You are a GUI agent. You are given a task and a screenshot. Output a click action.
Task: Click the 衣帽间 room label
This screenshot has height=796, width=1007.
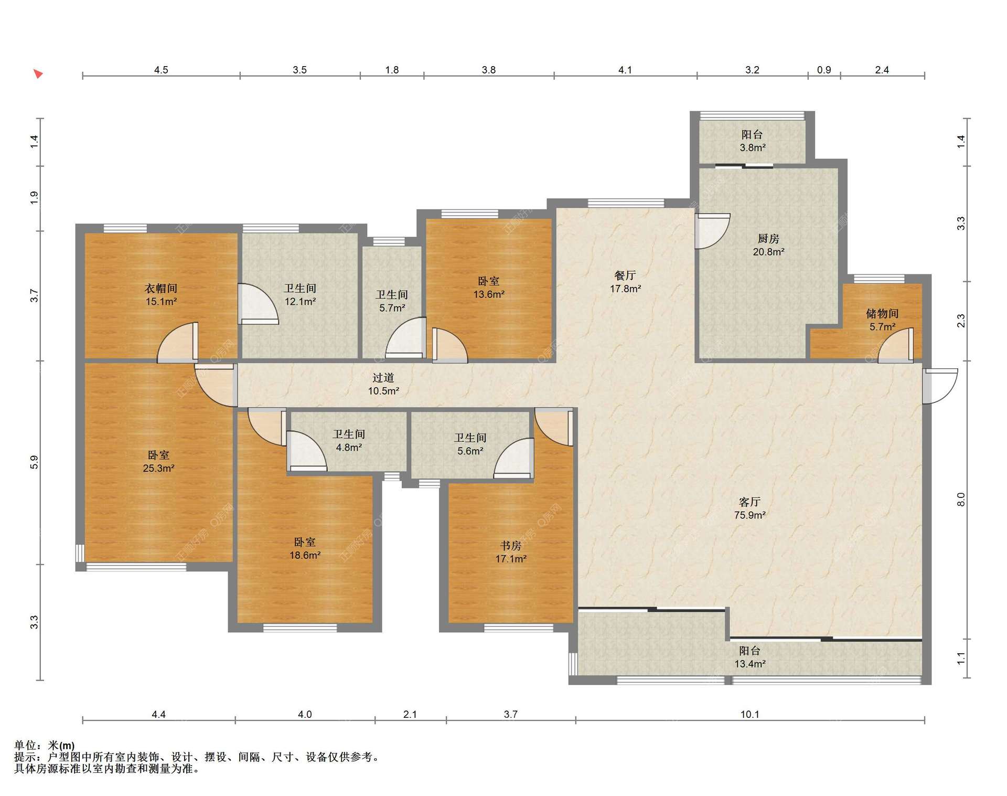click(x=160, y=288)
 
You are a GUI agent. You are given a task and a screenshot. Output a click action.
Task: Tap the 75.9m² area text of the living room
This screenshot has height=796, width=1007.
click(x=749, y=515)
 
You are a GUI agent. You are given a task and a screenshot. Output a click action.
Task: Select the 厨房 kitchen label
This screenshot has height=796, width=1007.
click(x=768, y=239)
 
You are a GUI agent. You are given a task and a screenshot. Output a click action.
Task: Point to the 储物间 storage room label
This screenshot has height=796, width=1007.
click(x=882, y=314)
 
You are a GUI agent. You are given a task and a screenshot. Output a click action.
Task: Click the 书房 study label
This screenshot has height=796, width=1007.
click(x=511, y=546)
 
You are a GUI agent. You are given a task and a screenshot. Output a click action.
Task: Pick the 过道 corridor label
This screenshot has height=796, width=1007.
click(x=383, y=378)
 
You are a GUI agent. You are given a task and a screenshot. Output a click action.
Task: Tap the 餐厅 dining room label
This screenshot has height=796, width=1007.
click(x=625, y=275)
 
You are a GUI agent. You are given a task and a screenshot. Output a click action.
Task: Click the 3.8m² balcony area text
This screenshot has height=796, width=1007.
click(x=753, y=148)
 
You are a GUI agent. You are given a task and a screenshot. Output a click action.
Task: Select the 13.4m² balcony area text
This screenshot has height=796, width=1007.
click(x=749, y=664)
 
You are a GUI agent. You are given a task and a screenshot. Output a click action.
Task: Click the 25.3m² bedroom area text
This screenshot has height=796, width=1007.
click(x=158, y=469)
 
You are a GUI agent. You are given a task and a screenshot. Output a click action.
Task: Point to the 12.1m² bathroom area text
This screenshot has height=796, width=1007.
click(x=300, y=302)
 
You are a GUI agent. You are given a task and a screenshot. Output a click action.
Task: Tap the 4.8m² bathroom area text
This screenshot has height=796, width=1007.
click(x=349, y=448)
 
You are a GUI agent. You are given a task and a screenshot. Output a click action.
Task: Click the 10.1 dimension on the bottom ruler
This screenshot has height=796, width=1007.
click(x=749, y=714)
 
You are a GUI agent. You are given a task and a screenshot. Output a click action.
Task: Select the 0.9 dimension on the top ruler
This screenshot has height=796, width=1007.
click(x=824, y=70)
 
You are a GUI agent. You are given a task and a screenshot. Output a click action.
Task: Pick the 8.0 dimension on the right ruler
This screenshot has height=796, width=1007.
click(x=961, y=500)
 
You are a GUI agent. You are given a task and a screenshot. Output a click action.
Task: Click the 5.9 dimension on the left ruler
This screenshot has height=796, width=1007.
click(x=34, y=462)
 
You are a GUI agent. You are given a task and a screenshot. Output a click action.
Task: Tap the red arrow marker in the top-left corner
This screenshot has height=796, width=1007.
click(x=38, y=74)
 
